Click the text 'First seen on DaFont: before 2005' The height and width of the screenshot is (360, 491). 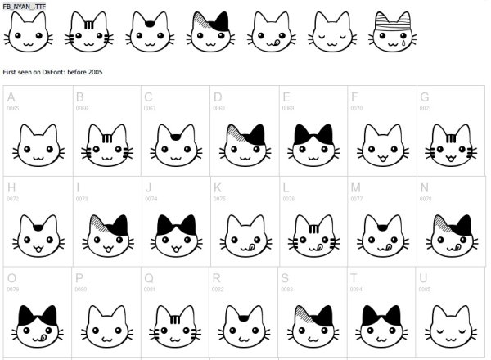coord(52,72)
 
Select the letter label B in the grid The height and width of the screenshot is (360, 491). coord(79,97)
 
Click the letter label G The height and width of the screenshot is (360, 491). coord(424,97)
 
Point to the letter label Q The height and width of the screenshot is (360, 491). coord(149,277)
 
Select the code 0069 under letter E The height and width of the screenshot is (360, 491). coord(287,108)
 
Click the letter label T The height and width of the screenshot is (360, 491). coord(354,277)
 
